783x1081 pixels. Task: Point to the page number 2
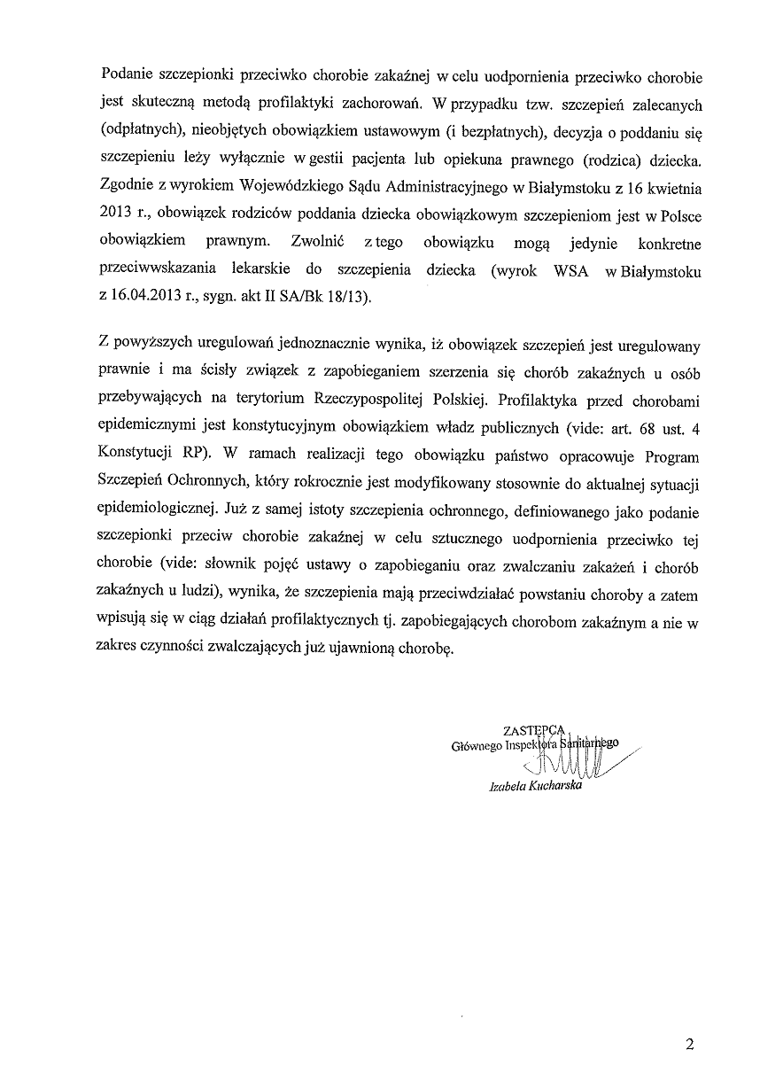click(689, 1044)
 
